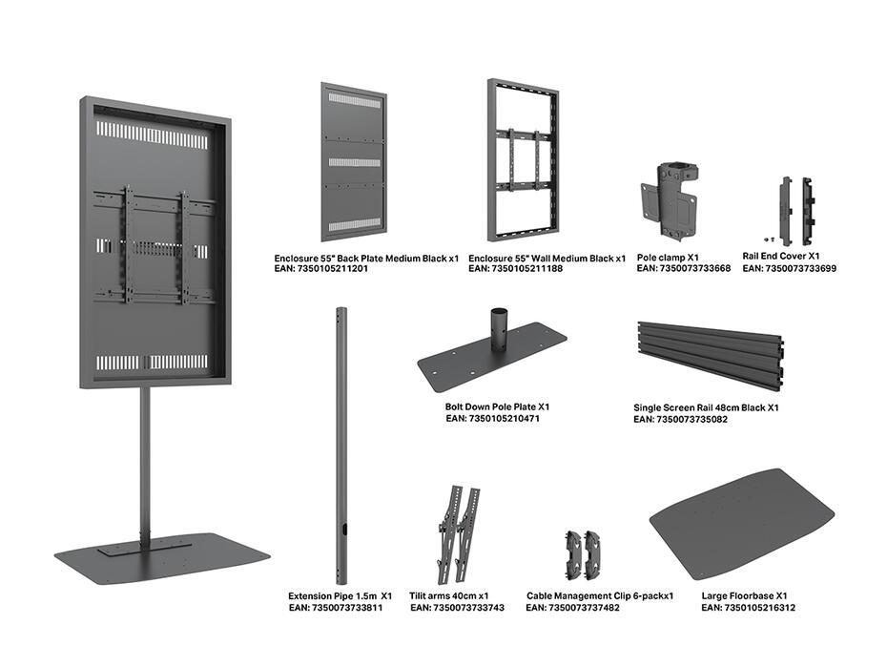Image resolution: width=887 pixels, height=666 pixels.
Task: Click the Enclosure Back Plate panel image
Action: (354, 162)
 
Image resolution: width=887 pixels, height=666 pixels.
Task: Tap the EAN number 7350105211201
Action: (320, 270)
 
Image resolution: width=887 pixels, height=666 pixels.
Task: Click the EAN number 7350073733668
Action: (683, 269)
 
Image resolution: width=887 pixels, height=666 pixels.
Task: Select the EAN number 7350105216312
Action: (748, 608)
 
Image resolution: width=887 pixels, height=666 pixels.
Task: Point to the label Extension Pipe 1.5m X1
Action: (340, 595)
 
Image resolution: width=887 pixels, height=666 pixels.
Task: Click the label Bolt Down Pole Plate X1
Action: (497, 406)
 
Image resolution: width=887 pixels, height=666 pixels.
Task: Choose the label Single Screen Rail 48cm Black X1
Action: (706, 407)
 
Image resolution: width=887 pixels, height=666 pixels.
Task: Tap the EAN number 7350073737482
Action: (572, 608)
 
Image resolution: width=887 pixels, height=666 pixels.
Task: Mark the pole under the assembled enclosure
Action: (145, 458)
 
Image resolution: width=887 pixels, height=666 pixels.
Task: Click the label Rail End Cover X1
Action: (781, 256)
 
